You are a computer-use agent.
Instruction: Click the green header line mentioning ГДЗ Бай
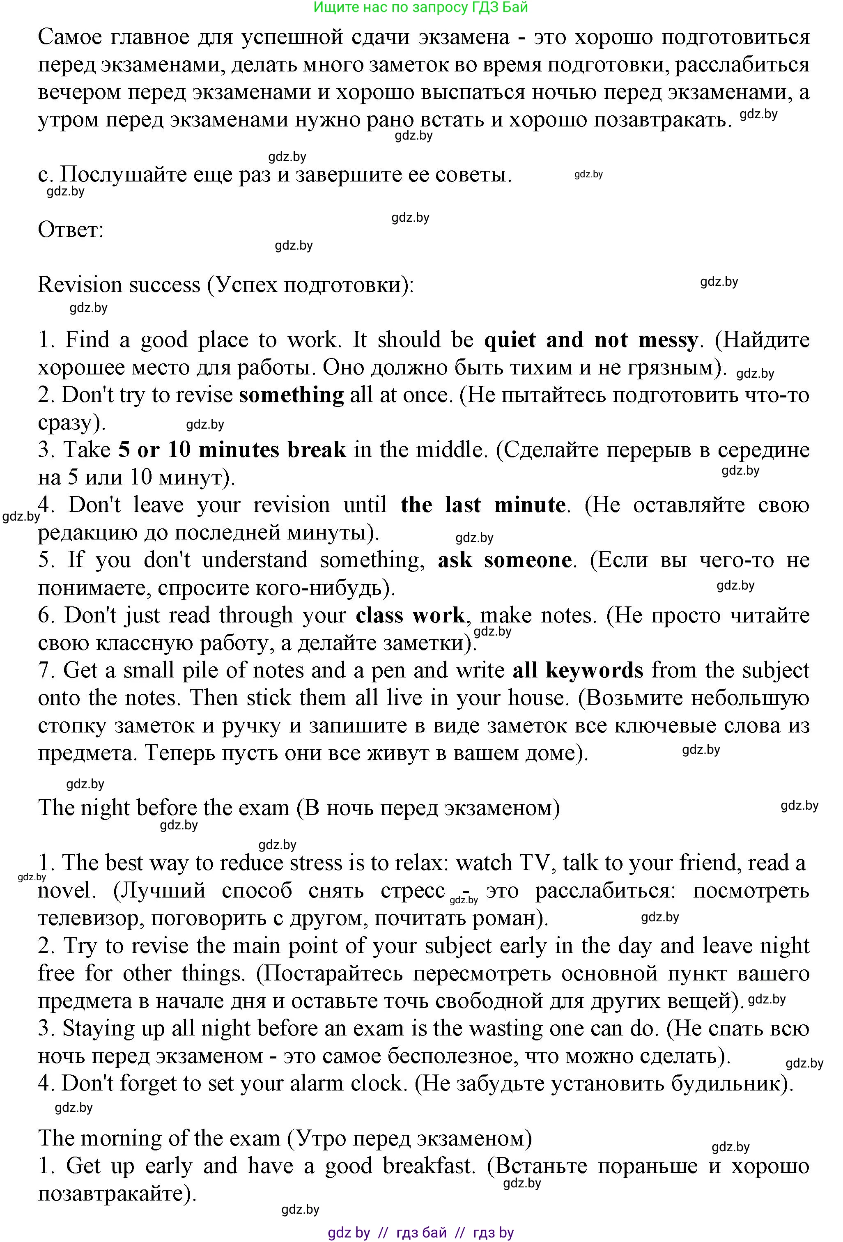pyautogui.click(x=421, y=7)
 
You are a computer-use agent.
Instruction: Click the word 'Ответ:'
pyautogui.click(x=71, y=230)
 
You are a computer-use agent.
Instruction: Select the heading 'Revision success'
pyautogui.click(x=119, y=285)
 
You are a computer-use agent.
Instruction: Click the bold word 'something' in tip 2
pyautogui.click(x=292, y=395)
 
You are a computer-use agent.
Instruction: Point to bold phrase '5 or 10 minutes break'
pyautogui.click(x=232, y=450)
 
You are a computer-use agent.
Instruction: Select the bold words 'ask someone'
pyautogui.click(x=505, y=560)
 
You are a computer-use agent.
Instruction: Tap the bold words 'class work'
pyautogui.click(x=410, y=615)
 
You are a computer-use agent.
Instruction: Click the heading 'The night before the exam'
pyautogui.click(x=163, y=808)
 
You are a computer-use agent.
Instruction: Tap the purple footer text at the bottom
pyautogui.click(x=421, y=1233)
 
